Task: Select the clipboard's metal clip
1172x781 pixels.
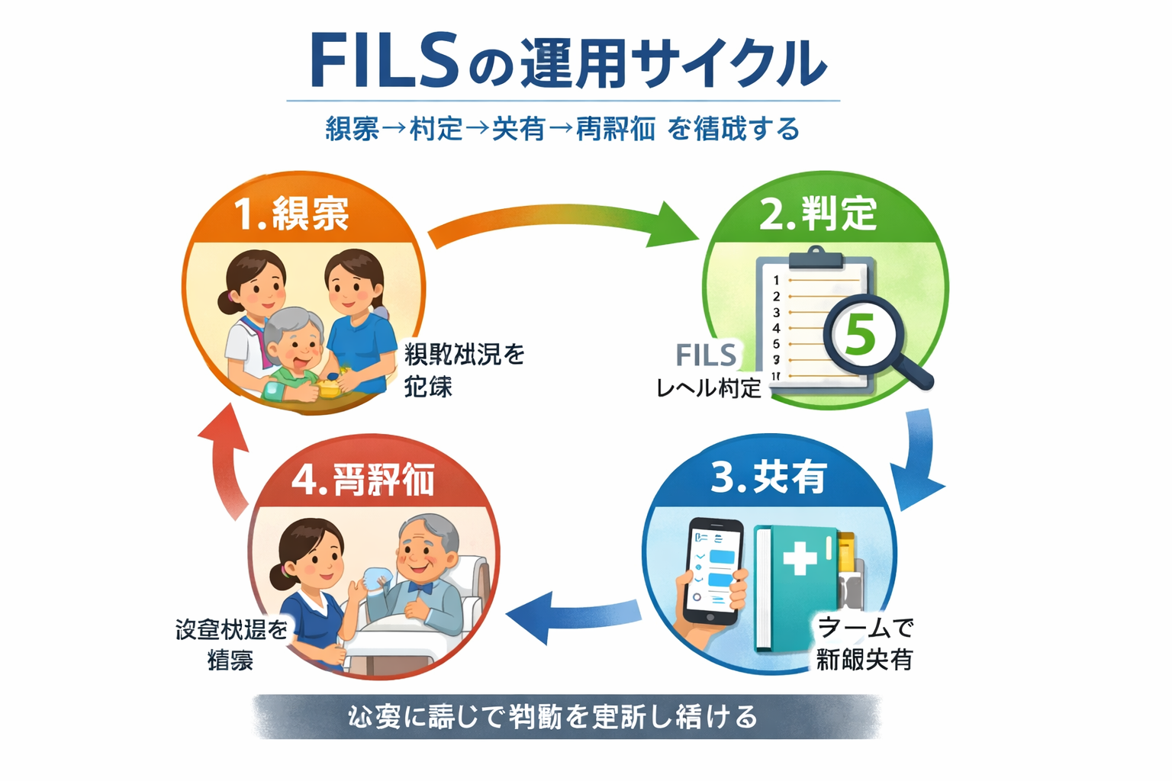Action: [x=815, y=258]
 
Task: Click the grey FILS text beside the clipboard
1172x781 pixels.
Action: [x=707, y=355]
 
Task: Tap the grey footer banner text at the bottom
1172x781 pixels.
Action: [x=552, y=717]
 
